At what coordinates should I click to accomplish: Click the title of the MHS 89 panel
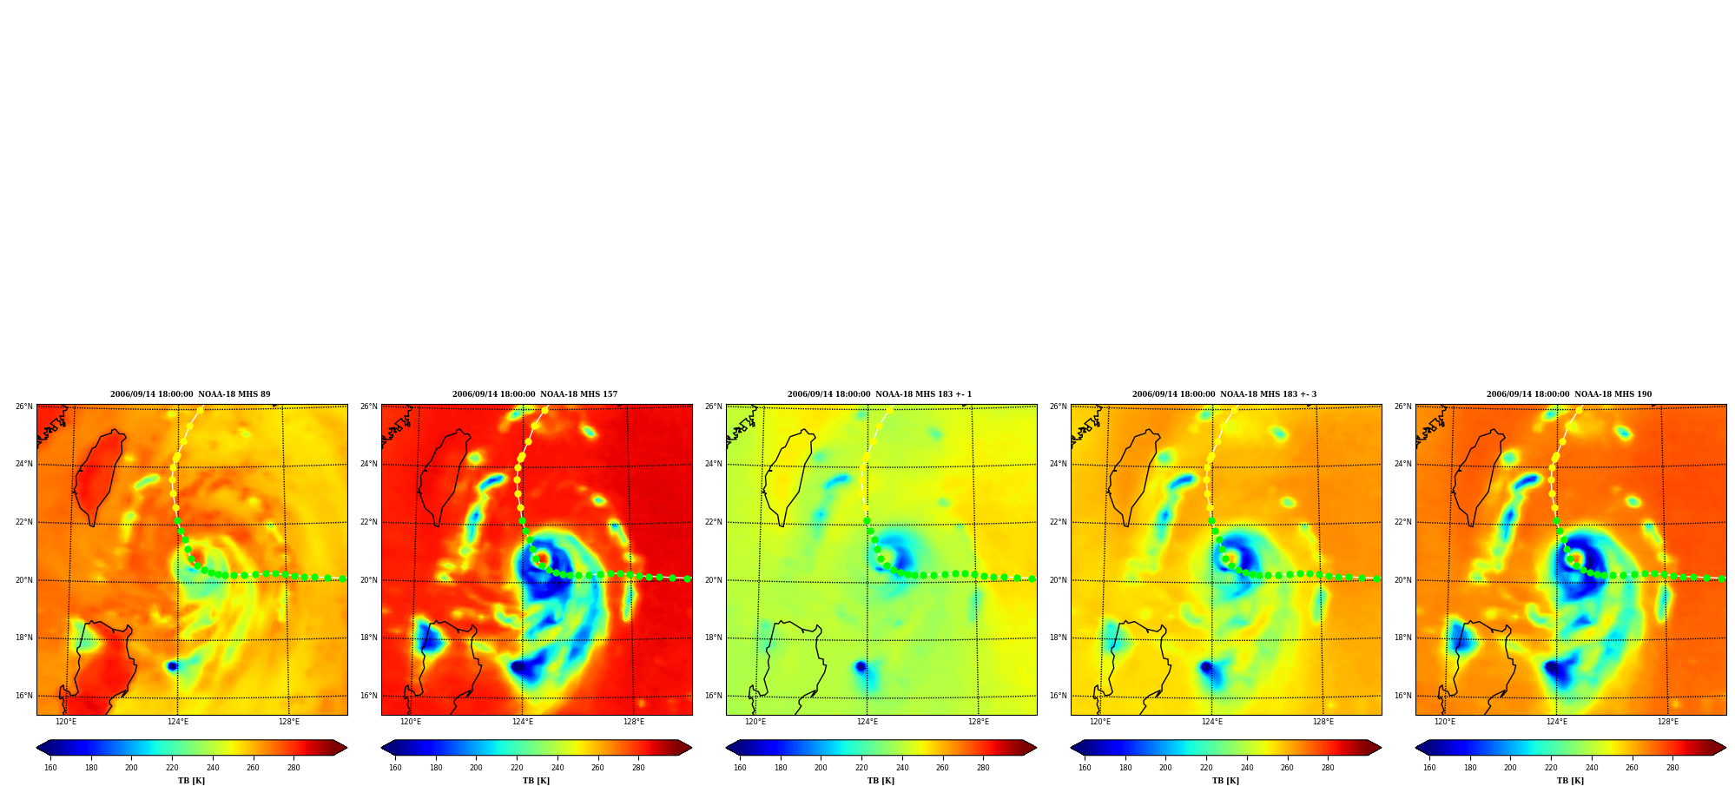[190, 394]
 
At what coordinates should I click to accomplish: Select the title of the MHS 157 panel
[535, 394]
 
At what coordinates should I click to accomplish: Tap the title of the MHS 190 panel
[1569, 394]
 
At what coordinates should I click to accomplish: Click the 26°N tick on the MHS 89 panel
[24, 406]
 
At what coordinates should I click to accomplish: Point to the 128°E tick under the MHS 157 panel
[634, 722]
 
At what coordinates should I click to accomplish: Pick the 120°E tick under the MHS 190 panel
[1445, 722]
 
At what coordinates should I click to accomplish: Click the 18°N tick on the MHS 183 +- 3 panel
[1059, 638]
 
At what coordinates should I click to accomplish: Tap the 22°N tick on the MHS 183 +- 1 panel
[714, 522]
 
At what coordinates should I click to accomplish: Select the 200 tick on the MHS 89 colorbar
[131, 768]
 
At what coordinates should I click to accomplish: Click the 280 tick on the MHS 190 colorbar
[1672, 768]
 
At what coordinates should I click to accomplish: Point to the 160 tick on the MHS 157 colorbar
[395, 768]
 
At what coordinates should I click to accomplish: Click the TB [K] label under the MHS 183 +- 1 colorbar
[881, 781]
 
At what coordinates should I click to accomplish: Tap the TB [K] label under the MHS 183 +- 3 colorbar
[1225, 781]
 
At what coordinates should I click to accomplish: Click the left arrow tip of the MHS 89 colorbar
[36, 748]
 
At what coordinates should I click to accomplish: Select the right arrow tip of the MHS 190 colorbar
[1725, 748]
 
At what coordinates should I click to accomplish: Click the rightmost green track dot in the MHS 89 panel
[342, 578]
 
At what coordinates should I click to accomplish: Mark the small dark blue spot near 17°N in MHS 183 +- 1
[860, 666]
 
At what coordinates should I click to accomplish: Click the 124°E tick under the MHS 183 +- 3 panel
[1211, 722]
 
